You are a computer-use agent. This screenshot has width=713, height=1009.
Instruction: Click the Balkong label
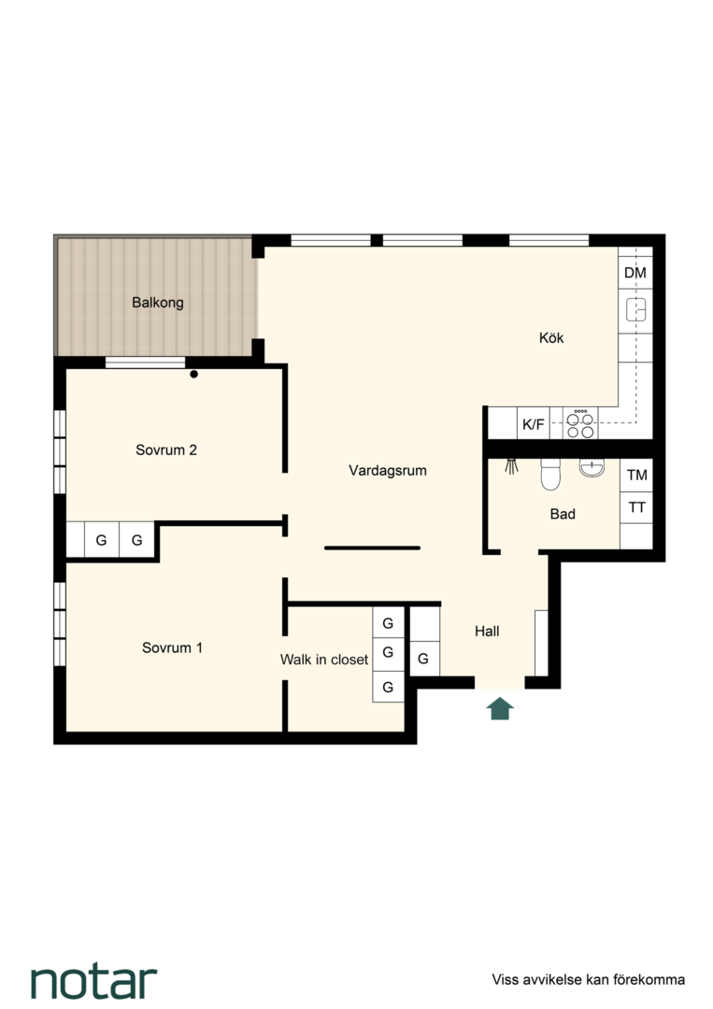tap(158, 303)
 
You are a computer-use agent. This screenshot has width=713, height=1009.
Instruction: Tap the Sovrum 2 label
tap(166, 449)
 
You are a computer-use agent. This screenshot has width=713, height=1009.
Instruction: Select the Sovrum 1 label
tap(172, 647)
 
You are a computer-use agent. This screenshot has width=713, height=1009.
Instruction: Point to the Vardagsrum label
tap(388, 470)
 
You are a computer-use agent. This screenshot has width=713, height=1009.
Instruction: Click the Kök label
tap(551, 338)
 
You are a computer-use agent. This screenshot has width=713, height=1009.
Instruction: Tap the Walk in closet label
tap(324, 660)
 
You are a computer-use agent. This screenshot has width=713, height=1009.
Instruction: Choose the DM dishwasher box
tap(635, 273)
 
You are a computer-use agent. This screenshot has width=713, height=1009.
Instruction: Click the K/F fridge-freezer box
tap(534, 424)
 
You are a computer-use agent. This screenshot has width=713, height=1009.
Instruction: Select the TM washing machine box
tap(636, 475)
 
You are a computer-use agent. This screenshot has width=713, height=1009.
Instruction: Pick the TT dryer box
tap(636, 507)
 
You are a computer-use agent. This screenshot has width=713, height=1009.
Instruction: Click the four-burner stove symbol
tap(580, 424)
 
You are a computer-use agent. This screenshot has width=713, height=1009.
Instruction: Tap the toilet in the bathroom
tap(551, 475)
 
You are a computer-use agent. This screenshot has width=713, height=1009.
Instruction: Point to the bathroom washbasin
tap(592, 467)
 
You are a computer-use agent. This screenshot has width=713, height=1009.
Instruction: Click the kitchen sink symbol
tap(635, 309)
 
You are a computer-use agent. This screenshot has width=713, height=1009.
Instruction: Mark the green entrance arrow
tap(500, 708)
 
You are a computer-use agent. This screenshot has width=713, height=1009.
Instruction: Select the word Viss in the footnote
tap(506, 979)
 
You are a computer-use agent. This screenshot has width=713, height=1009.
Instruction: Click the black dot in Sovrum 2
tap(193, 374)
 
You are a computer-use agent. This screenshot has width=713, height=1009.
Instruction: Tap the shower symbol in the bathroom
tap(511, 466)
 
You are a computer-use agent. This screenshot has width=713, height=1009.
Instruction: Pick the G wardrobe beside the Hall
tap(424, 659)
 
